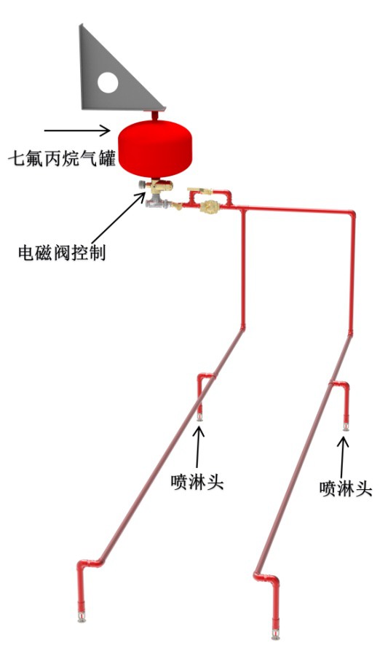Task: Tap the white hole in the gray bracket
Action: click(108, 82)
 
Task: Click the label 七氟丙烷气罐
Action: click(62, 159)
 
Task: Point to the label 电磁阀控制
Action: click(62, 252)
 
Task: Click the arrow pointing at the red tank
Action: click(77, 130)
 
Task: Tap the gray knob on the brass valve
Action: click(142, 186)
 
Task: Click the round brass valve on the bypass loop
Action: click(209, 206)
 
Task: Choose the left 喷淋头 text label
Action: click(197, 483)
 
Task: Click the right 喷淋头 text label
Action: click(346, 488)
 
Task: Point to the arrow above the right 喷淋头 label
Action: click(343, 458)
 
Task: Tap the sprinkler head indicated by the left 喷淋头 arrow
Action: click(200, 417)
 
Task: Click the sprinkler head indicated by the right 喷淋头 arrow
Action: click(346, 426)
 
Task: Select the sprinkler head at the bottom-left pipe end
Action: click(82, 617)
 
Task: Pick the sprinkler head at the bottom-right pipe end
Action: click(274, 634)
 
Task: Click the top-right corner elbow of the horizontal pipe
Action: click(351, 216)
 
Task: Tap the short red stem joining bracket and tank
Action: click(155, 115)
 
